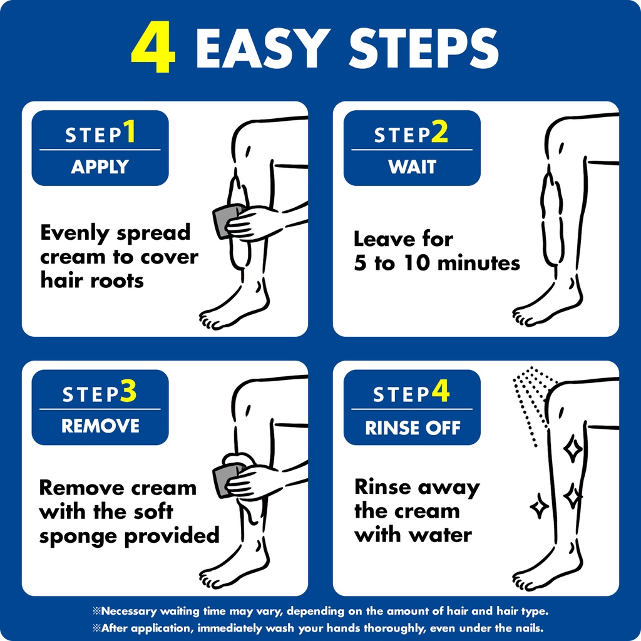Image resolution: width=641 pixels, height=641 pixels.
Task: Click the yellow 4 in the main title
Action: tap(153, 47)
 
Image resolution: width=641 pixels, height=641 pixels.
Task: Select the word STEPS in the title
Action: tap(424, 48)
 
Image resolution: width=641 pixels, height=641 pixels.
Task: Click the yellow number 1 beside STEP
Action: tap(130, 131)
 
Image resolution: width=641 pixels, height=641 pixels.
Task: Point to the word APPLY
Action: tap(100, 167)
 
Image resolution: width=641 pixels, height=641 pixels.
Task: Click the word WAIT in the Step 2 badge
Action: tap(412, 167)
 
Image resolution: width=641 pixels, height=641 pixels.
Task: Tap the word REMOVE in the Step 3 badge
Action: tap(100, 426)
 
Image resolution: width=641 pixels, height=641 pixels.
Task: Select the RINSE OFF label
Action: tap(413, 428)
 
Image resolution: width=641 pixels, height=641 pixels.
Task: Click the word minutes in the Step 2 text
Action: tap(479, 263)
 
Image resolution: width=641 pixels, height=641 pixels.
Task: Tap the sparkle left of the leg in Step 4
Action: tap(539, 506)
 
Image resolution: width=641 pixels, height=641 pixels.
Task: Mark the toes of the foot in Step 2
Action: tap(521, 316)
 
